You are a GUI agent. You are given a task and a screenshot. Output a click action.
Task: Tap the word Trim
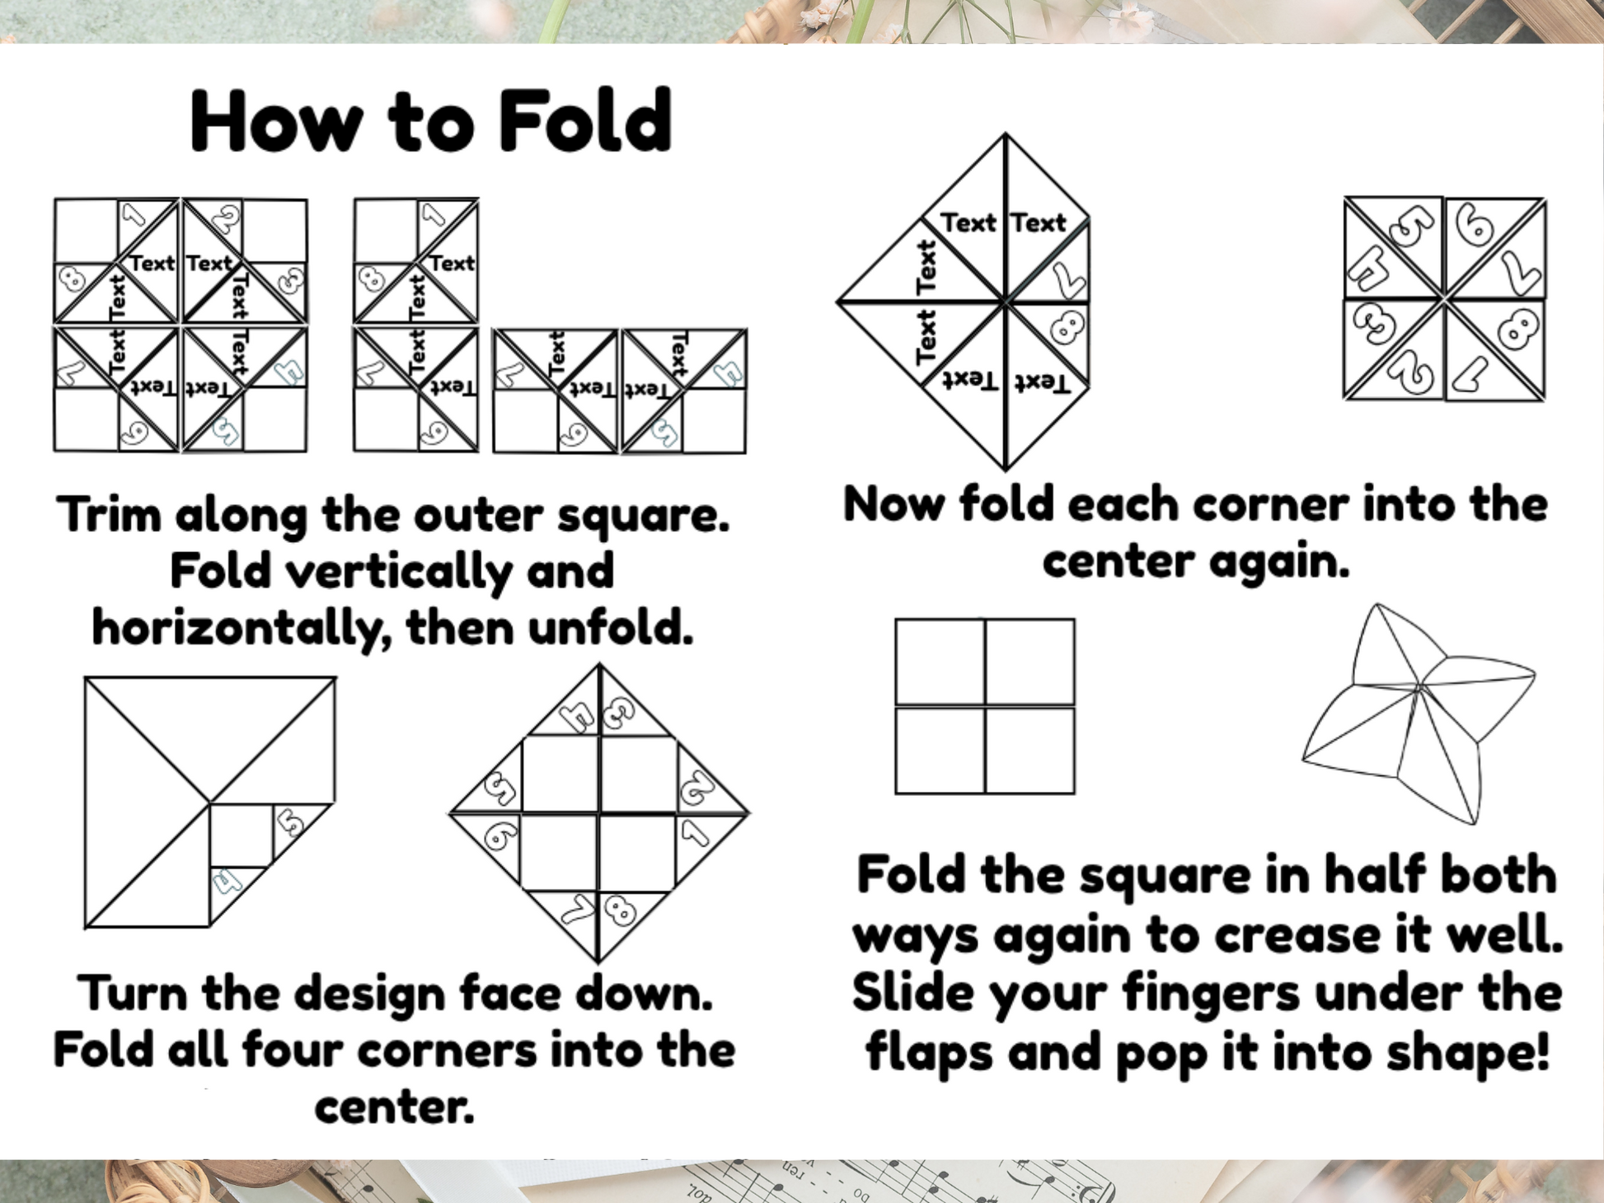point(109,516)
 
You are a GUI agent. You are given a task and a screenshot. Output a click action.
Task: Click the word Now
point(893,504)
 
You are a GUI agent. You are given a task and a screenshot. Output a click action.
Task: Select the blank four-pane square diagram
point(985,706)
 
